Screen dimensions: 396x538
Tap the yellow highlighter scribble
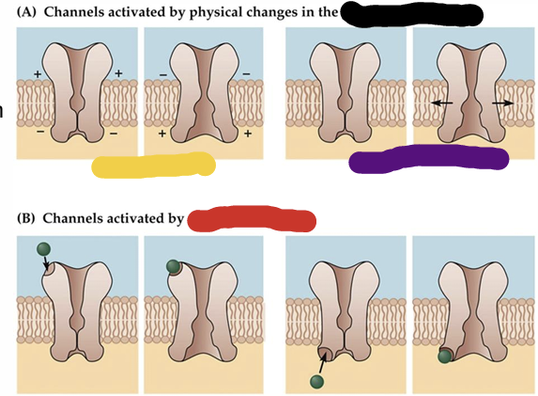[x=155, y=166]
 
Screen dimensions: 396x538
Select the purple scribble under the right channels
[x=428, y=159]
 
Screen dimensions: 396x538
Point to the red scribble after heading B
[x=252, y=220]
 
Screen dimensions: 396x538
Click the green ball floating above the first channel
[x=41, y=249]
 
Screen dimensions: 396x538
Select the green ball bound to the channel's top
[x=174, y=268]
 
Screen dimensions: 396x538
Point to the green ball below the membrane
[x=316, y=381]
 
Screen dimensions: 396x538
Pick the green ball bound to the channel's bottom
[x=443, y=356]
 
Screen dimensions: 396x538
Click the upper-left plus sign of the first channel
[x=38, y=73]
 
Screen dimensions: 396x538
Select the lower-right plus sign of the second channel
[x=248, y=134]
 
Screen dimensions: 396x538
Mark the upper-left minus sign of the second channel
[x=163, y=73]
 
